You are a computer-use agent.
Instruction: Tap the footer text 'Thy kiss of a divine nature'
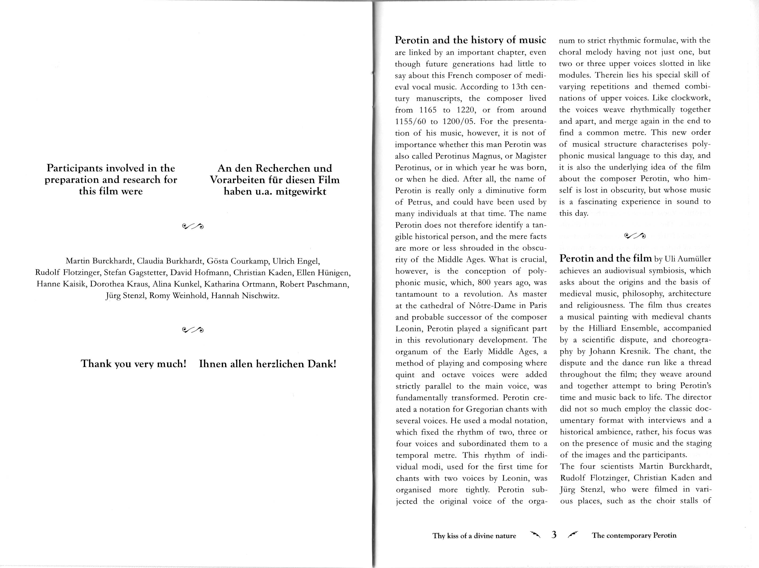click(474, 536)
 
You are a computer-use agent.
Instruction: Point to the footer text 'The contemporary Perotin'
click(634, 535)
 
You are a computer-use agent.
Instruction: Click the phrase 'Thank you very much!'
click(133, 364)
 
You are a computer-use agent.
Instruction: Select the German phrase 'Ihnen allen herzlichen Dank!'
click(268, 364)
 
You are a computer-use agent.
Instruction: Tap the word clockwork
click(690, 98)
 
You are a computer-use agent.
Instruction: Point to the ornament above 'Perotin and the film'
click(635, 236)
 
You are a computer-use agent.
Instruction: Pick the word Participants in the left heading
click(74, 168)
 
